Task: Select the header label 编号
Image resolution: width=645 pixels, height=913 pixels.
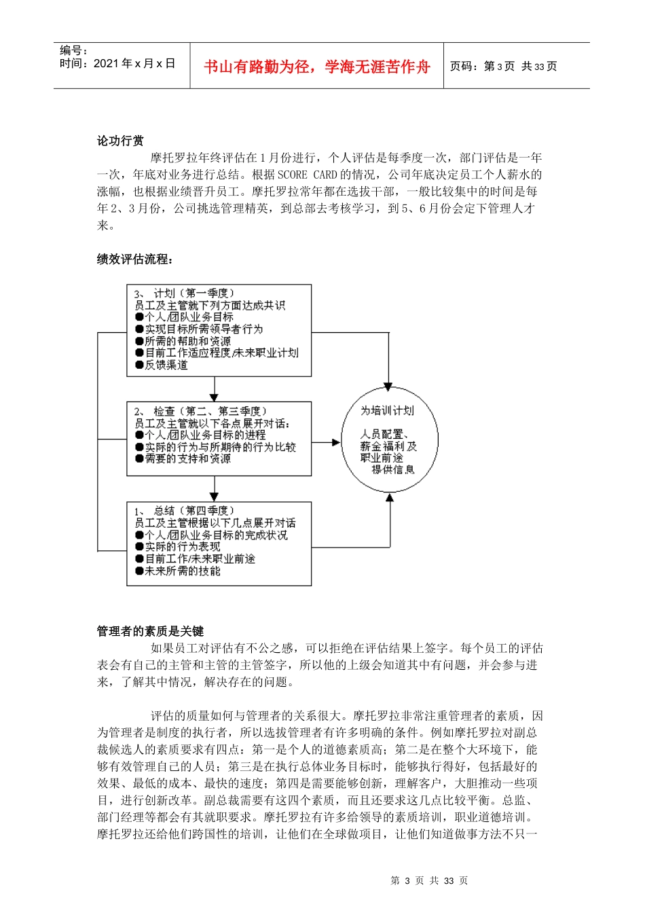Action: click(x=73, y=50)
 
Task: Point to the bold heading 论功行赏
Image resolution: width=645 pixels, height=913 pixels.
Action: click(x=120, y=141)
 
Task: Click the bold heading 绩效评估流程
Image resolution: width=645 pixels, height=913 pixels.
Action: click(x=134, y=259)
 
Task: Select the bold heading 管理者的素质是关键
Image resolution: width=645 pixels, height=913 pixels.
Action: click(x=150, y=631)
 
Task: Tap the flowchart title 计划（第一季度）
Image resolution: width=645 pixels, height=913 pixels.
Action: click(x=194, y=293)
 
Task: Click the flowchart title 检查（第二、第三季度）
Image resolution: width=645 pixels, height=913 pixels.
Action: click(x=210, y=411)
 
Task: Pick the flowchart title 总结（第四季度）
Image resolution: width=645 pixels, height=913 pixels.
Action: click(x=194, y=511)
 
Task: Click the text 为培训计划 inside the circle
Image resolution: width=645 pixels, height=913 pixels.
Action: click(x=387, y=411)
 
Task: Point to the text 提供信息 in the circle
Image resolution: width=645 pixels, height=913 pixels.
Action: click(x=392, y=469)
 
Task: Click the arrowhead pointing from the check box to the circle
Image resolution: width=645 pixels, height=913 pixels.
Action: click(x=335, y=443)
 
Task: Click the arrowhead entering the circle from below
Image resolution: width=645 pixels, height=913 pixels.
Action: click(x=390, y=499)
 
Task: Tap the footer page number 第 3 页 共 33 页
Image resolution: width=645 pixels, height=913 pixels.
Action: click(x=429, y=880)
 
